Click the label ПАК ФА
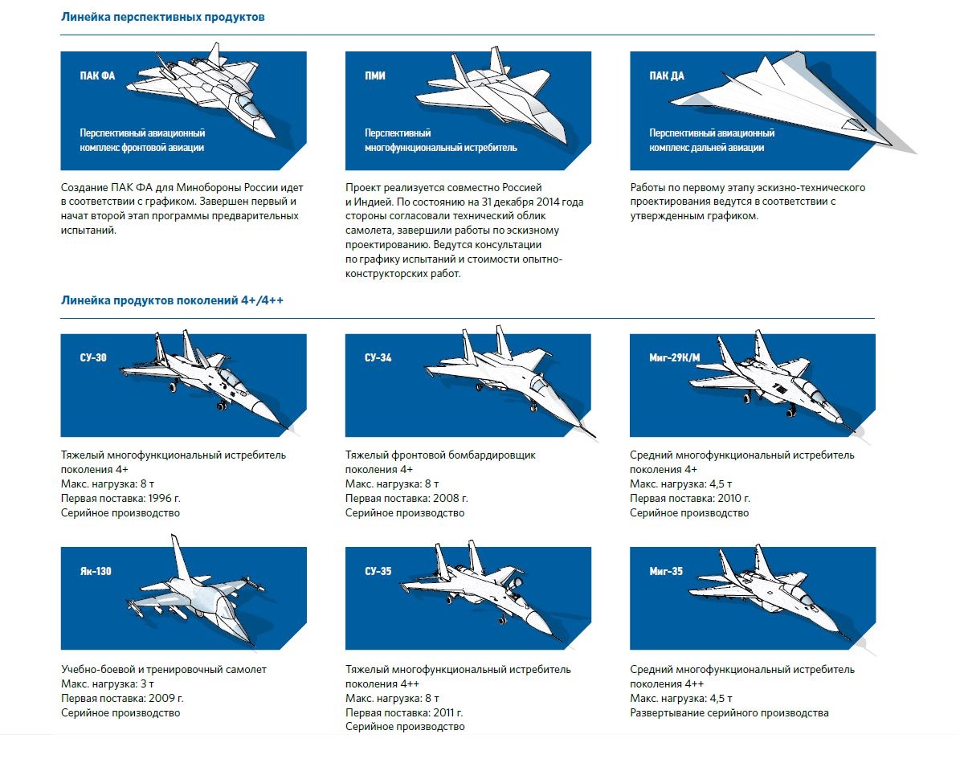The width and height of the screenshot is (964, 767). tap(97, 76)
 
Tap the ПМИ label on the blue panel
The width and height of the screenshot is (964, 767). tap(374, 76)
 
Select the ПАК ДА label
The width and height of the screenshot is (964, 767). tap(667, 76)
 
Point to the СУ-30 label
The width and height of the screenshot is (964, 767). tap(93, 358)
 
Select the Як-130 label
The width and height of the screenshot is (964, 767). tap(96, 572)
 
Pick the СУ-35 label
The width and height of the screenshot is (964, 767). tap(378, 572)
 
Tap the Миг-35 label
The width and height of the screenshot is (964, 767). tap(666, 572)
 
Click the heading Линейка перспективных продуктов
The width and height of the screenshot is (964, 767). tap(162, 17)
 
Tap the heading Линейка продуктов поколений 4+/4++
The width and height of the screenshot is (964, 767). tap(172, 300)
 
